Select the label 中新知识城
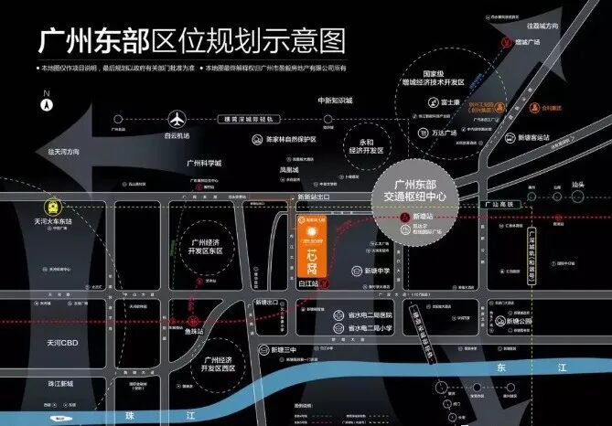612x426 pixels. coord(336,101)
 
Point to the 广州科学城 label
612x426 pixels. coord(204,164)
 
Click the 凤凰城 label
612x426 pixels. coord(288,170)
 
